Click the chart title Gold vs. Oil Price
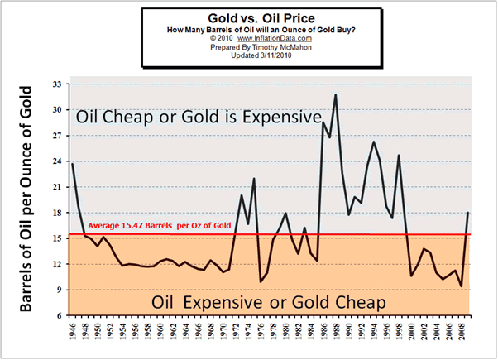(249, 17)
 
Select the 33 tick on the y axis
(57, 84)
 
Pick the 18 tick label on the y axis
(57, 213)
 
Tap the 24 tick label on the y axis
(57, 161)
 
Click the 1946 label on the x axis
(73, 334)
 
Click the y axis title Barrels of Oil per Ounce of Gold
(26, 199)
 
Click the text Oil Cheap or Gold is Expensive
(198, 118)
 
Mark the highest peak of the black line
(335, 94)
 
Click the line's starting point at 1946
(72, 164)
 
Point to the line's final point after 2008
(468, 214)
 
